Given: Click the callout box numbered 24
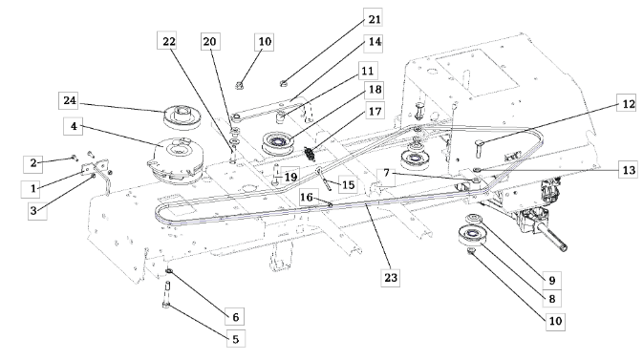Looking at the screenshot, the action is pyautogui.click(x=69, y=100).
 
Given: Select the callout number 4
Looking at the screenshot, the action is pyautogui.click(x=74, y=126).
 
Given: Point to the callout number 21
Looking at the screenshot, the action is pyautogui.click(x=374, y=19).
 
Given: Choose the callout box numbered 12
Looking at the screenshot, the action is pyautogui.click(x=628, y=104).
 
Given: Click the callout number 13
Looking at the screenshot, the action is pyautogui.click(x=629, y=170).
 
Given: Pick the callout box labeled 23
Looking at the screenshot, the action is pyautogui.click(x=391, y=278).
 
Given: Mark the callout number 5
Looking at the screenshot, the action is pyautogui.click(x=236, y=339).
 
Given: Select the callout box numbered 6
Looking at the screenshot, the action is pyautogui.click(x=235, y=317).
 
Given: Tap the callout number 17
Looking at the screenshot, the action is pyautogui.click(x=375, y=111).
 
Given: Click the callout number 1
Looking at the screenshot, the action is pyautogui.click(x=32, y=189).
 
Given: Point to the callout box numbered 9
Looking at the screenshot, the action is pyautogui.click(x=552, y=281).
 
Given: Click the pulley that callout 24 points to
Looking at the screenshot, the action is pyautogui.click(x=182, y=116).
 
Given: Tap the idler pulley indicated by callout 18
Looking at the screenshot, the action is pyautogui.click(x=278, y=143).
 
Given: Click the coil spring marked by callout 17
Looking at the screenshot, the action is pyautogui.click(x=310, y=154).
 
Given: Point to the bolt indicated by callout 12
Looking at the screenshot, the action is pyautogui.click(x=480, y=148).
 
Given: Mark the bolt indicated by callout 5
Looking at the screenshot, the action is pyautogui.click(x=167, y=295).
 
